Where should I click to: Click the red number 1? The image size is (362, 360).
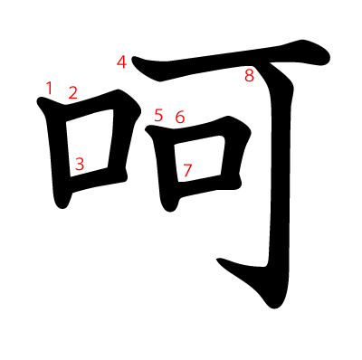(x=50, y=88)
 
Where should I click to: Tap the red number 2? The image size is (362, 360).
(x=72, y=92)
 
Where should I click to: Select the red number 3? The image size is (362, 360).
(x=80, y=164)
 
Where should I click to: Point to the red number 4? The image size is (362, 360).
(x=121, y=62)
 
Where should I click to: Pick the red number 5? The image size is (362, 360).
(x=158, y=116)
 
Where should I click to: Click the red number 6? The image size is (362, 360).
(x=180, y=117)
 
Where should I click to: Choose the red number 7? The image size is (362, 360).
(x=187, y=170)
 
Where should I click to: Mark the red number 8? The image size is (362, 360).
(x=250, y=75)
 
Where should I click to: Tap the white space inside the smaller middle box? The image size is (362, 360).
(x=199, y=159)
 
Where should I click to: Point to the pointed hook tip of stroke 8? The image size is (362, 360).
(x=218, y=260)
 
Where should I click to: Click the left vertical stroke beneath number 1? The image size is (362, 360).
(x=56, y=151)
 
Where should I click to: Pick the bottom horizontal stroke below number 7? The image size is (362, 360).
(x=208, y=185)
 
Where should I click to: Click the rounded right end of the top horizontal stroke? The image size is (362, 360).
(x=324, y=57)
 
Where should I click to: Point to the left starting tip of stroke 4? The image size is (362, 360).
(x=133, y=58)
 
